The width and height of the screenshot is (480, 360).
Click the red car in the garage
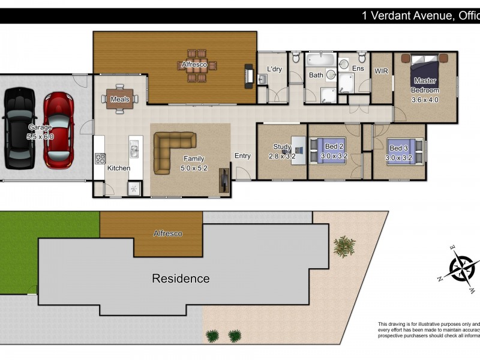(x=58, y=129)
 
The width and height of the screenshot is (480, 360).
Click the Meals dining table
(x=119, y=99)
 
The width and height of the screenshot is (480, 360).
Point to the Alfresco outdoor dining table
(x=196, y=69)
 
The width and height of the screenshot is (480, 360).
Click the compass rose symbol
(x=461, y=266)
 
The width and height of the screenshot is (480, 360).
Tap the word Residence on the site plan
(x=181, y=278)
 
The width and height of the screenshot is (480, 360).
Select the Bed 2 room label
(x=334, y=146)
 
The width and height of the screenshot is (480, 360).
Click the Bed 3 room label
(x=398, y=148)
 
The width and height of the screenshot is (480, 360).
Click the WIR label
(x=382, y=71)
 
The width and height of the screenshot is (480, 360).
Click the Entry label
(x=242, y=156)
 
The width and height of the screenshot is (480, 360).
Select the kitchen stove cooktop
(x=100, y=159)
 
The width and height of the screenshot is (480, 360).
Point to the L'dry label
(x=274, y=69)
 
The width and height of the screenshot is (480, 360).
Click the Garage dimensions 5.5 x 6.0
(x=40, y=137)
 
